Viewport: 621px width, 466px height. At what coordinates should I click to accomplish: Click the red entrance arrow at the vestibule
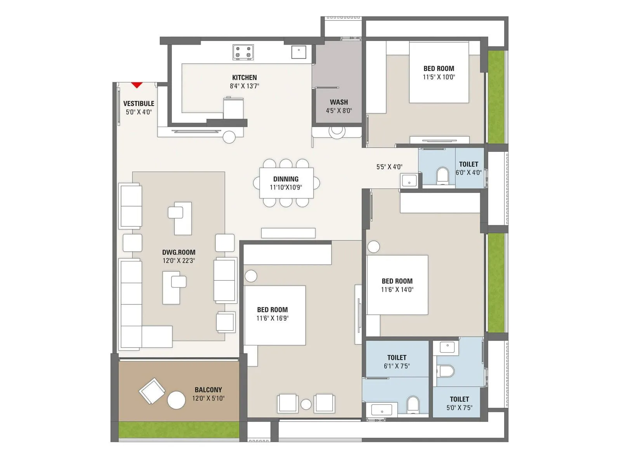click(x=137, y=85)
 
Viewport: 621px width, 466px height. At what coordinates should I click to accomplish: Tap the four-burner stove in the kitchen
click(x=243, y=52)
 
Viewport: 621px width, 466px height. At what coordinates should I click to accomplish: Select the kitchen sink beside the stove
click(x=299, y=52)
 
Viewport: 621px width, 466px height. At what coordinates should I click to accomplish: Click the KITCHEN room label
click(x=244, y=77)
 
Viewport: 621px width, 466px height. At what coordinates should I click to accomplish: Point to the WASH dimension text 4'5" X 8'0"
click(x=339, y=111)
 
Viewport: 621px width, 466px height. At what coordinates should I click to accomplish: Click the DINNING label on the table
click(x=286, y=179)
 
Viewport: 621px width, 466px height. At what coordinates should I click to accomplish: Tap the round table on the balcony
click(x=176, y=400)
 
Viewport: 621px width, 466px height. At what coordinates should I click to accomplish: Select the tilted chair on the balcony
click(x=152, y=391)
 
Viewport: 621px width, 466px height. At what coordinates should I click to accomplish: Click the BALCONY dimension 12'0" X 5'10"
click(x=208, y=398)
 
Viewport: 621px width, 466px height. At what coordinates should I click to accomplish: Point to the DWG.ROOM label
click(x=179, y=252)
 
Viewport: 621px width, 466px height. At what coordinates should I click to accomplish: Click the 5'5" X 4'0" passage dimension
click(x=389, y=167)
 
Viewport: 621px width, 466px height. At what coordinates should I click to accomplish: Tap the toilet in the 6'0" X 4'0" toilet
click(x=442, y=175)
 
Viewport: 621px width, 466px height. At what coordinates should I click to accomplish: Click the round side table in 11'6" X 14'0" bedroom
click(x=373, y=247)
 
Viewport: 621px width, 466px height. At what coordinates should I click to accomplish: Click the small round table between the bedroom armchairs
click(x=306, y=404)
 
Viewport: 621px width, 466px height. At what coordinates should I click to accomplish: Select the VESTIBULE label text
click(x=139, y=103)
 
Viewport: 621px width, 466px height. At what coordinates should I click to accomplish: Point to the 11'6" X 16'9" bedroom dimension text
click(x=272, y=318)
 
